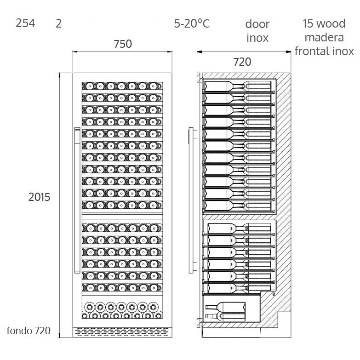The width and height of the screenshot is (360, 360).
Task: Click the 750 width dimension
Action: click(122, 44)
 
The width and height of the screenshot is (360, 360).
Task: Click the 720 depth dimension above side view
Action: click(242, 61)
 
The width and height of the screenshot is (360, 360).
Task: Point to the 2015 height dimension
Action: click(40, 197)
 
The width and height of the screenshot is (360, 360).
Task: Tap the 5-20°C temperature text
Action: click(192, 23)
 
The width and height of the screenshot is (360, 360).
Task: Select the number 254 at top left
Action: click(25, 23)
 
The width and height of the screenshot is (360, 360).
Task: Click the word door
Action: click(257, 24)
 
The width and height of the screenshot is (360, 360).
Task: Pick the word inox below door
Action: click(257, 38)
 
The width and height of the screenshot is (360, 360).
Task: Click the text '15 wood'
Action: click(324, 23)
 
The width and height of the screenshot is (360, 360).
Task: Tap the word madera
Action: click(324, 37)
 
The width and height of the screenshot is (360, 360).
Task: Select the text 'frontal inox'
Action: click(324, 51)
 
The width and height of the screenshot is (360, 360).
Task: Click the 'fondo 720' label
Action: click(29, 331)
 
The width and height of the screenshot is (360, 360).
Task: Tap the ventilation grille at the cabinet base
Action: click(122, 331)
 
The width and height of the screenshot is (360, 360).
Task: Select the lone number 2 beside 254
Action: click(58, 23)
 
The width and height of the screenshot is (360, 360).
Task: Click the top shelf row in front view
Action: click(122, 86)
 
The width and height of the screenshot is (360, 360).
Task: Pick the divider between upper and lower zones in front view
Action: click(122, 214)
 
